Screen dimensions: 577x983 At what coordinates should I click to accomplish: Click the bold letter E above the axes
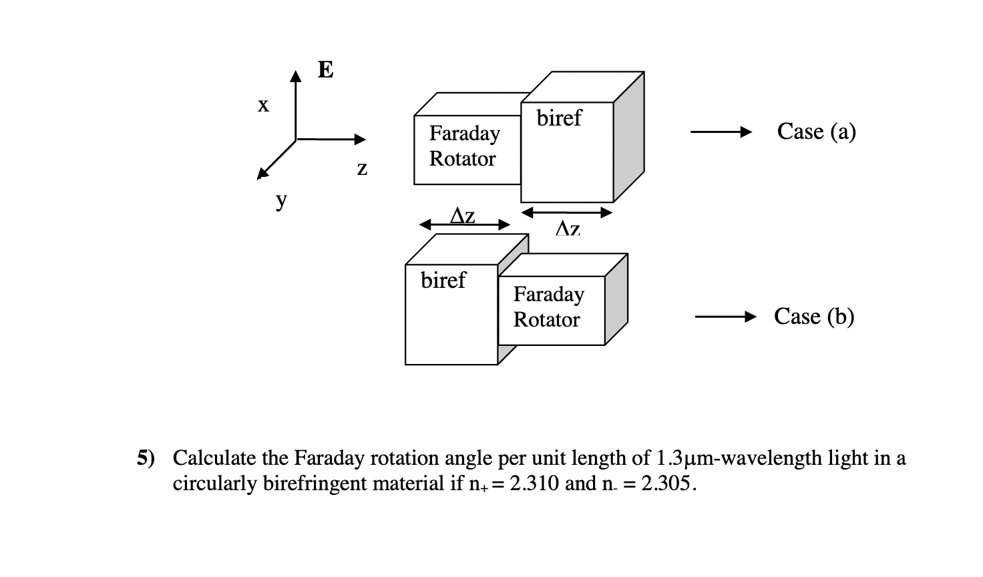(325, 69)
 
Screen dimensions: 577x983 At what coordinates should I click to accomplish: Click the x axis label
(264, 105)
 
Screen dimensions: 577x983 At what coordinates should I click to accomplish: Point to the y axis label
(282, 199)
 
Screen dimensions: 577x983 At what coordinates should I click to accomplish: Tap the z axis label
(362, 168)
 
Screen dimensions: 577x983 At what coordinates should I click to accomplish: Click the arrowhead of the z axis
(361, 140)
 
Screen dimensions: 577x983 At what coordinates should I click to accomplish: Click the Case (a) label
(816, 132)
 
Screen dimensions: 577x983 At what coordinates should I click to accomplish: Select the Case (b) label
(814, 317)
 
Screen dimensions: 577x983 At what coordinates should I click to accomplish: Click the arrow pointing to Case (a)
(722, 132)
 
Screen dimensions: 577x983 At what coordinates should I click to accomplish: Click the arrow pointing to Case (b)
(725, 317)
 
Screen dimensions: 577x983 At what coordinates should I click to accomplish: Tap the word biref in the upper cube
(559, 118)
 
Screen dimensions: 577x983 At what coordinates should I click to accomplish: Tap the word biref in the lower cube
(443, 280)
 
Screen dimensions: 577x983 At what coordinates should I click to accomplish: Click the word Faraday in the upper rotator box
(464, 134)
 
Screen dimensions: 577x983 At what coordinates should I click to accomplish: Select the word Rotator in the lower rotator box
(546, 320)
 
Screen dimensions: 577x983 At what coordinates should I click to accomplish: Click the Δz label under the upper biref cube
(568, 229)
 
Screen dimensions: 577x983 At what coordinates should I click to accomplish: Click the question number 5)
(146, 458)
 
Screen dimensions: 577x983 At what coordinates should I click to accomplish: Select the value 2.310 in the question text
(534, 484)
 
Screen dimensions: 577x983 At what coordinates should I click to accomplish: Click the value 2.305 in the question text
(665, 484)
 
